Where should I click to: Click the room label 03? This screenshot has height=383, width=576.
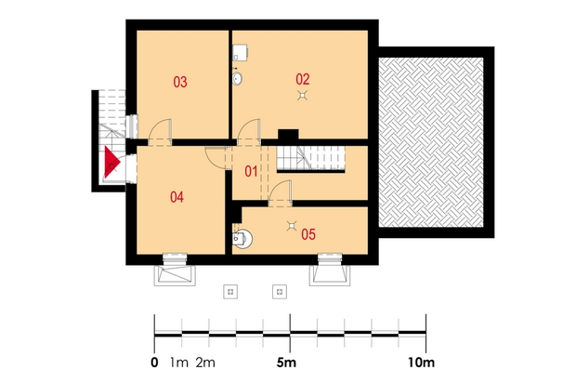[180, 82]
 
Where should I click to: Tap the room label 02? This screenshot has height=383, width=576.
[303, 79]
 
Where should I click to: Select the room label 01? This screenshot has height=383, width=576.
[251, 171]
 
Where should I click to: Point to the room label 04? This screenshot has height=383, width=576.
[177, 197]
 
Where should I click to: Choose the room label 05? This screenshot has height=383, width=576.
[308, 234]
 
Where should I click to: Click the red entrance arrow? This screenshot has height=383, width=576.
[111, 162]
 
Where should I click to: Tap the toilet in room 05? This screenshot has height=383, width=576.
[242, 239]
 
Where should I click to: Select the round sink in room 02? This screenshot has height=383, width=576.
[237, 78]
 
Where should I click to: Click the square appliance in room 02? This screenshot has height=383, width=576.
[240, 53]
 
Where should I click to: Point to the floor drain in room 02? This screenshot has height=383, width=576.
[302, 96]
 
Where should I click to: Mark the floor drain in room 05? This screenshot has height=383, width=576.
[292, 226]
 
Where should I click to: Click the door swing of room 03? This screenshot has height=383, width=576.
[160, 129]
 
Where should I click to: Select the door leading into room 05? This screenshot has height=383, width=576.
[281, 192]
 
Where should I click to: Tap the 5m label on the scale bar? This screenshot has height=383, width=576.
[286, 363]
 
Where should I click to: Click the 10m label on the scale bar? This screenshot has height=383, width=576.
[421, 363]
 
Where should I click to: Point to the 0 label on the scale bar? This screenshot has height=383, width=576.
[154, 363]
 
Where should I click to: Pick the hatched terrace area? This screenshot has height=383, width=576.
[431, 142]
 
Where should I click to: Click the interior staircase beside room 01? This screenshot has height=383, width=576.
[311, 158]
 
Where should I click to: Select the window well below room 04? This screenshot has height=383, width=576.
[175, 275]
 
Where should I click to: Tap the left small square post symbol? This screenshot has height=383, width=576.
[230, 292]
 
